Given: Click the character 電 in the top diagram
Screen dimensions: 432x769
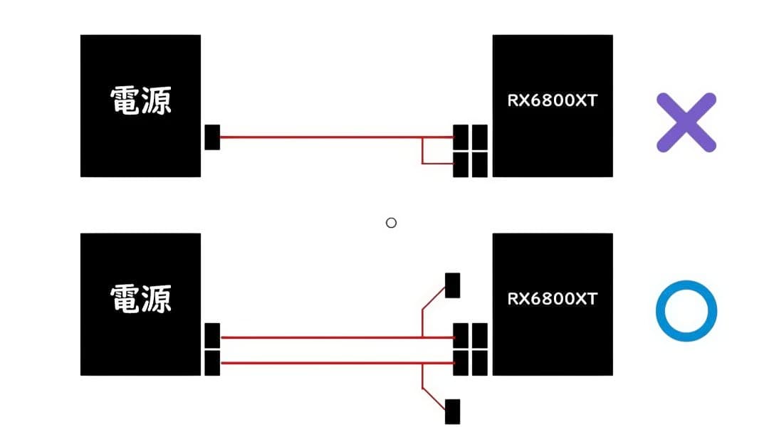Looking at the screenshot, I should coord(125,101).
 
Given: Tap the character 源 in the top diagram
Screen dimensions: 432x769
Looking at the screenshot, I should coord(157,101).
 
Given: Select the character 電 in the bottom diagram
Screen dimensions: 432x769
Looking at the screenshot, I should coord(125,300).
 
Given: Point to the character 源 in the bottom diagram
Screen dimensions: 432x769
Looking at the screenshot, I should coord(157,300).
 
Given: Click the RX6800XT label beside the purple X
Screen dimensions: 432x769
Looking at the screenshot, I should coord(552,100).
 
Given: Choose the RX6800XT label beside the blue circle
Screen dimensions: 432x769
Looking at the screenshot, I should coord(552,299).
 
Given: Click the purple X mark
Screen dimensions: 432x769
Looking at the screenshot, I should coord(685,122).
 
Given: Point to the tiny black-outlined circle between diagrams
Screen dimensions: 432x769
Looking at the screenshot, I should coord(390,223).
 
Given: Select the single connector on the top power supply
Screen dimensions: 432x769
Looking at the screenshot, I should coord(212,137).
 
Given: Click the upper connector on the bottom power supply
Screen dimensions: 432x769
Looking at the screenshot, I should coord(212,335).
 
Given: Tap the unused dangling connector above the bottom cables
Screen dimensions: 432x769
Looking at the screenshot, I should coord(452,285).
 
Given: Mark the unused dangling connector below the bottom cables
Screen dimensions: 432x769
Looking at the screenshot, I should coord(452,411).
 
